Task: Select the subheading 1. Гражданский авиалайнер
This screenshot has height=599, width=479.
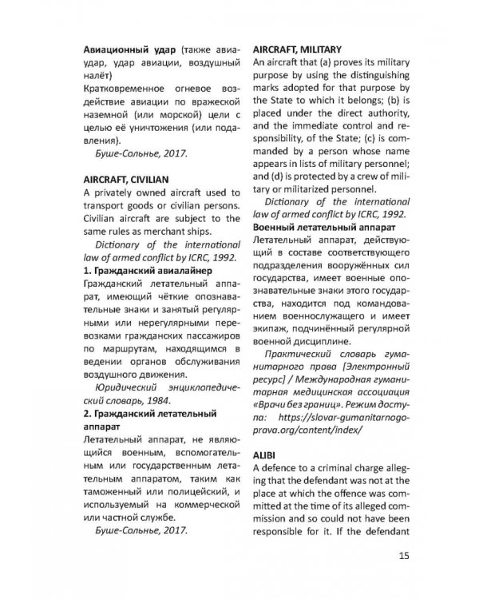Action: (x=147, y=271)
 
